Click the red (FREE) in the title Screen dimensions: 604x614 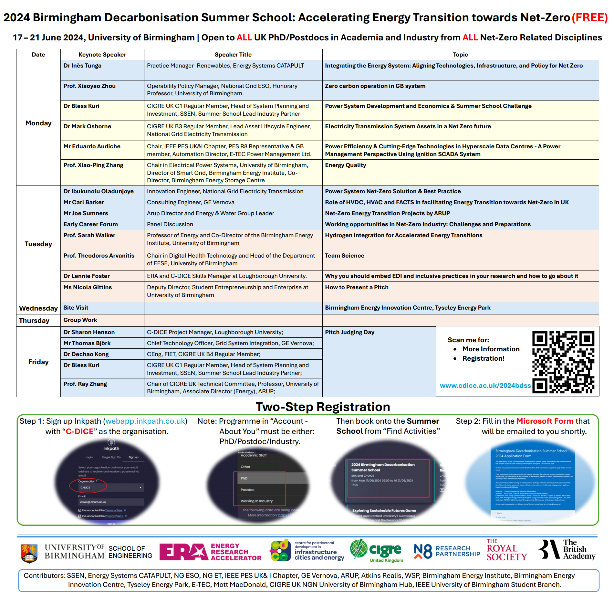589,17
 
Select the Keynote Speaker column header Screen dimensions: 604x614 102,55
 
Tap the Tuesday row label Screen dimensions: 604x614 38,244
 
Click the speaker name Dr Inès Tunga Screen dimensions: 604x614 82,66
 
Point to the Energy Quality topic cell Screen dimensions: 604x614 345,165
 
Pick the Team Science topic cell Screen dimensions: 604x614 344,256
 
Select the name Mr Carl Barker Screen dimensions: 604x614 84,202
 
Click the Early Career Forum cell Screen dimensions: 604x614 90,224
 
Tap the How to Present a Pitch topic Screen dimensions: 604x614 357,287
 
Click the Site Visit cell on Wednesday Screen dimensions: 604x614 76,308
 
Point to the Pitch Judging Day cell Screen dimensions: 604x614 349,332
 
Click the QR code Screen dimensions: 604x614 563,362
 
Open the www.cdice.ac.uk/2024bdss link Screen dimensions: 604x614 485,386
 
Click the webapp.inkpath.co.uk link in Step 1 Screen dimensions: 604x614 145,421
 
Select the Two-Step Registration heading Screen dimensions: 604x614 323,407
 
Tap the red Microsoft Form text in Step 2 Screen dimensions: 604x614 545,421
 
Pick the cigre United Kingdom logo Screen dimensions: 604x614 377,551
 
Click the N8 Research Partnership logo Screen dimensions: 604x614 447,551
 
